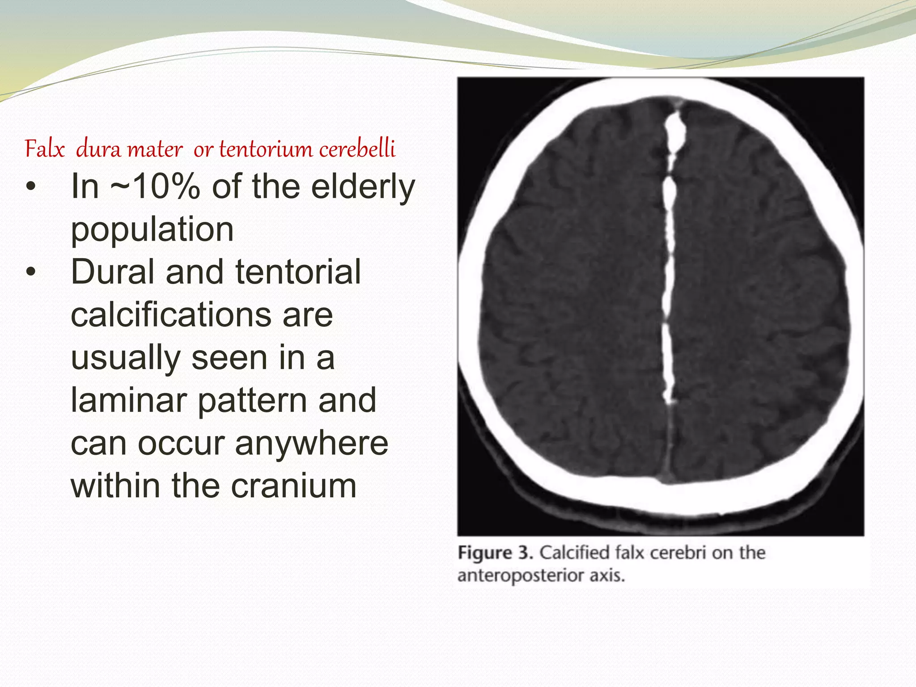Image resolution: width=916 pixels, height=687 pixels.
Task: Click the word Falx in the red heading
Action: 45,149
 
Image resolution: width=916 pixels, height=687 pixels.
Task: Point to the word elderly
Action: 363,187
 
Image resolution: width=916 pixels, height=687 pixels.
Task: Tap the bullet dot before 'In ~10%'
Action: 30,187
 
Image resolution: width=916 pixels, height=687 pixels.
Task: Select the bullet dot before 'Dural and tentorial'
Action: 30,272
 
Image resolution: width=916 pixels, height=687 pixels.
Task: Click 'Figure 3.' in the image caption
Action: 495,553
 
